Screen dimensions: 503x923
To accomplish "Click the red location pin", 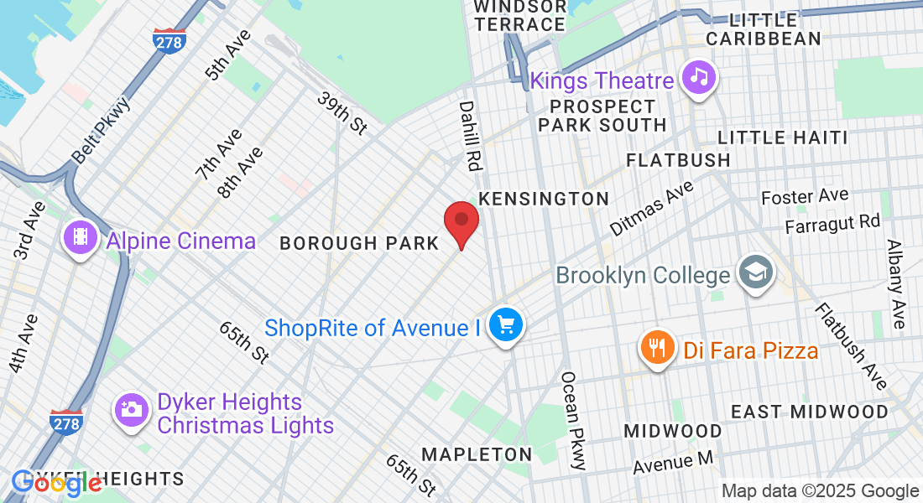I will tap(461, 221).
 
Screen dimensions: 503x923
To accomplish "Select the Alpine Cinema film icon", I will tap(79, 238).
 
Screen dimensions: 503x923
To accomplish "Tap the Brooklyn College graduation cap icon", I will tap(754, 272).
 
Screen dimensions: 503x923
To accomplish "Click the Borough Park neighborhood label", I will tap(359, 243).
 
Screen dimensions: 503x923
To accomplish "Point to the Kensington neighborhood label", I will tap(543, 199).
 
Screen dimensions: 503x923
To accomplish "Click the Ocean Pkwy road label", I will tap(575, 420).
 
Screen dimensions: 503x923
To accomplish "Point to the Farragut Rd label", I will tap(832, 225).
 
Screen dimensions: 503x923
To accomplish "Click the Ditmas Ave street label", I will tap(651, 206).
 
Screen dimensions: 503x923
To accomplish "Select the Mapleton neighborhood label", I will tap(477, 454).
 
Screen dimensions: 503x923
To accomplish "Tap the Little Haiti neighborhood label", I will tap(782, 137).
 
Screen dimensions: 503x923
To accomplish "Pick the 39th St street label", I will tap(342, 112).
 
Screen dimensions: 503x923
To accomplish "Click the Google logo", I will tap(57, 484).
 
